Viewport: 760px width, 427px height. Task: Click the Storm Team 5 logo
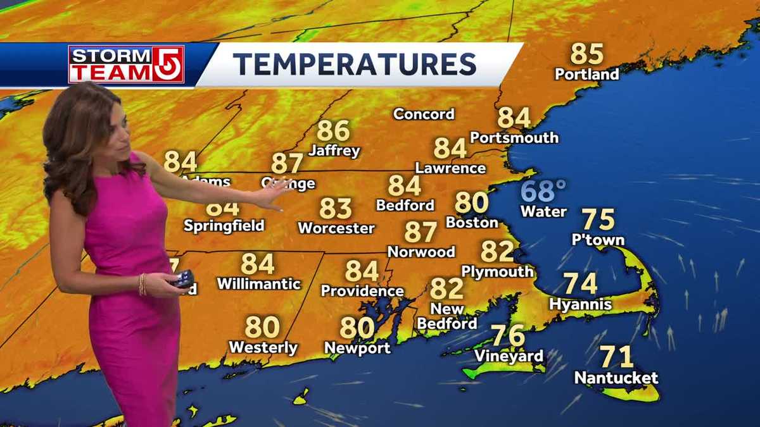click(x=126, y=64)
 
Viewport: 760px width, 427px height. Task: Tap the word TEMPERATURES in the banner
click(x=354, y=65)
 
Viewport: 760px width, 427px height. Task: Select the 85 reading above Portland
click(x=586, y=54)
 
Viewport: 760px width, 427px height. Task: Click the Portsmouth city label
click(x=514, y=137)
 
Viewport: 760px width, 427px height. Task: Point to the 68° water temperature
click(x=543, y=190)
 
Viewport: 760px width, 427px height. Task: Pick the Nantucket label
click(x=616, y=378)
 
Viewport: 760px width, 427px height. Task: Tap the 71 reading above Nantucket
click(x=616, y=357)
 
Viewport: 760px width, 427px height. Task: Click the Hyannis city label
click(x=580, y=304)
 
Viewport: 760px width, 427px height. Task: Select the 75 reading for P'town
click(x=598, y=220)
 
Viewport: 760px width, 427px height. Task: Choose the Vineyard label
click(x=509, y=356)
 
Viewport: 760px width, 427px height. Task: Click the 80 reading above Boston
click(x=471, y=202)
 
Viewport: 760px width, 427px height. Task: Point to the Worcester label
click(x=336, y=228)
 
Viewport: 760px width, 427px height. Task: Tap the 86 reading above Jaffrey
click(x=333, y=130)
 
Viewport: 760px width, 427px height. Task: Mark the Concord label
click(x=424, y=114)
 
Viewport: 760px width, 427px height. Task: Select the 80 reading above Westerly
click(x=262, y=327)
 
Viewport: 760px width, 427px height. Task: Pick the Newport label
click(x=357, y=348)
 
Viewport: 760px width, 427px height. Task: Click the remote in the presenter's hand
click(x=184, y=278)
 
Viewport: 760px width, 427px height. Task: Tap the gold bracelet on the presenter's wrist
click(x=142, y=284)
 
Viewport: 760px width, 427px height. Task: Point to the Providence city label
click(x=362, y=291)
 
